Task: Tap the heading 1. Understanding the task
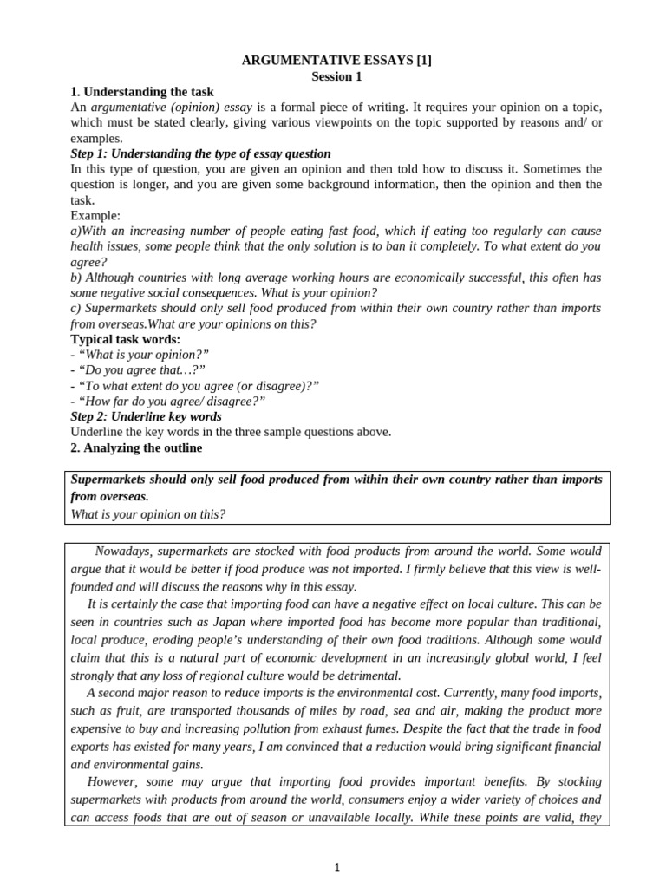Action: pos(141,92)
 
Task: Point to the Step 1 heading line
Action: pos(200,153)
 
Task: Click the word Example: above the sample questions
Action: pos(95,215)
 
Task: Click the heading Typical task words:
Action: pos(125,339)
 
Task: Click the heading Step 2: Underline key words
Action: pos(146,416)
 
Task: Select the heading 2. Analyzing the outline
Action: pos(136,447)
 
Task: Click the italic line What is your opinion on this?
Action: pos(147,514)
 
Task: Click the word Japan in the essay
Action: pos(234,622)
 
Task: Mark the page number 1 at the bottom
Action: pos(337,866)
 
